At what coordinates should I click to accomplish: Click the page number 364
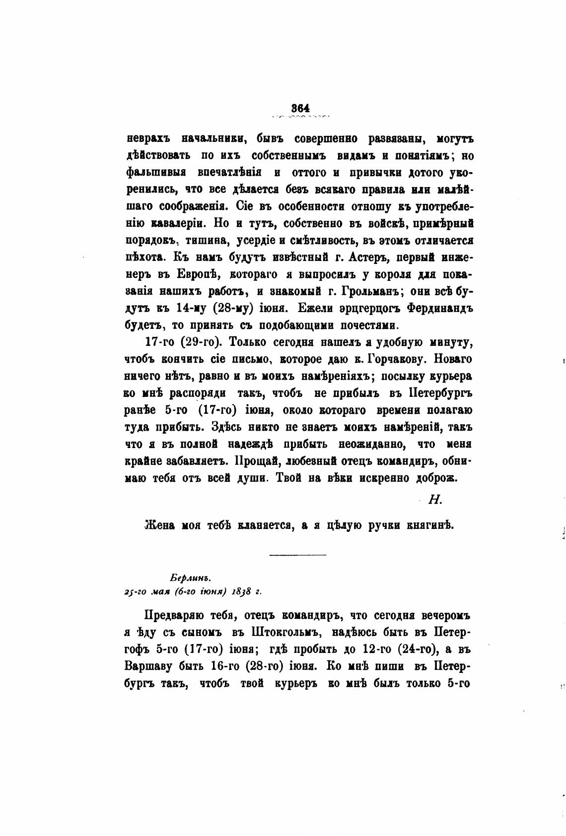[301, 108]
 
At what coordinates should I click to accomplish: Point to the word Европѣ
[195, 274]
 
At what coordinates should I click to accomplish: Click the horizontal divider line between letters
[297, 554]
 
